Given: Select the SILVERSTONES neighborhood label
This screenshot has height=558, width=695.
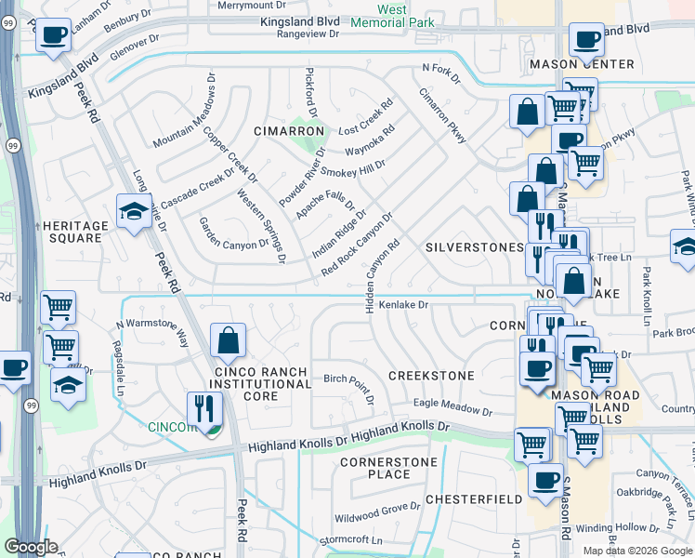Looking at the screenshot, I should tap(474, 247).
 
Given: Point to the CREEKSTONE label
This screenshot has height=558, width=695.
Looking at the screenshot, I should tap(431, 376).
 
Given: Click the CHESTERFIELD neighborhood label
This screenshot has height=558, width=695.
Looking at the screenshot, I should tap(474, 499).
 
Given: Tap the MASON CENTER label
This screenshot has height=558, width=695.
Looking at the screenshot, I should tap(582, 64).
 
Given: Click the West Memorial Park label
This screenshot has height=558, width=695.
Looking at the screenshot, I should tap(405, 17).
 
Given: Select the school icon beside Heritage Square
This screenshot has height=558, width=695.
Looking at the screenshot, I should tap(134, 213).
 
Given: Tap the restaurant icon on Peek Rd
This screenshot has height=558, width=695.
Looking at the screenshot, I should tap(204, 409).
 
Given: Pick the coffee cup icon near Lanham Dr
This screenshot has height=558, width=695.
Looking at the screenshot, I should tap(54, 35).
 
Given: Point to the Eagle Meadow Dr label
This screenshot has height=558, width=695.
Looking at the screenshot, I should tap(452, 406).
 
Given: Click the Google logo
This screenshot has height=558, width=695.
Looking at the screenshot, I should tap(31, 547).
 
